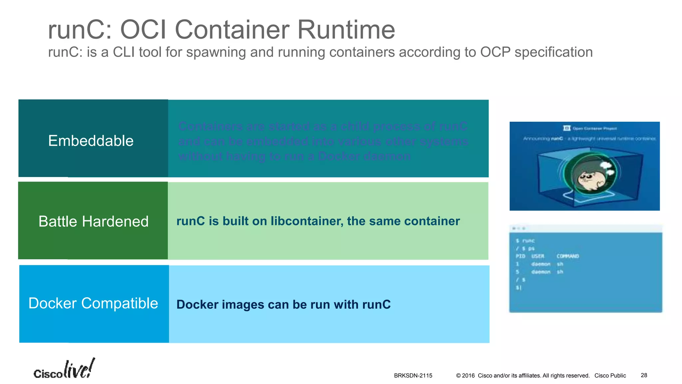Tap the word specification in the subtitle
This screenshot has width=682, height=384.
coord(553,52)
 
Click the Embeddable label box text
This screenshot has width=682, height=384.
coord(91,141)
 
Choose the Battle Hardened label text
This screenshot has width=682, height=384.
coord(93,221)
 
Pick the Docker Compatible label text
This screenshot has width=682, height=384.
coord(93,303)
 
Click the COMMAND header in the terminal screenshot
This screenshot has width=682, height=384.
coord(568,256)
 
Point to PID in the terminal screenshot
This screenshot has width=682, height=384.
coord(520,256)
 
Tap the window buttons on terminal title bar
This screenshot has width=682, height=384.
coord(518,229)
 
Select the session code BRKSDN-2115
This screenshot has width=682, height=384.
coord(413,376)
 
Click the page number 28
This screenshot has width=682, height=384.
coord(644,375)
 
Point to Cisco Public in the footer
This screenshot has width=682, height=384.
coord(610,376)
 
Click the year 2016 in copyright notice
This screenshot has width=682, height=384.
coord(468,376)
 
